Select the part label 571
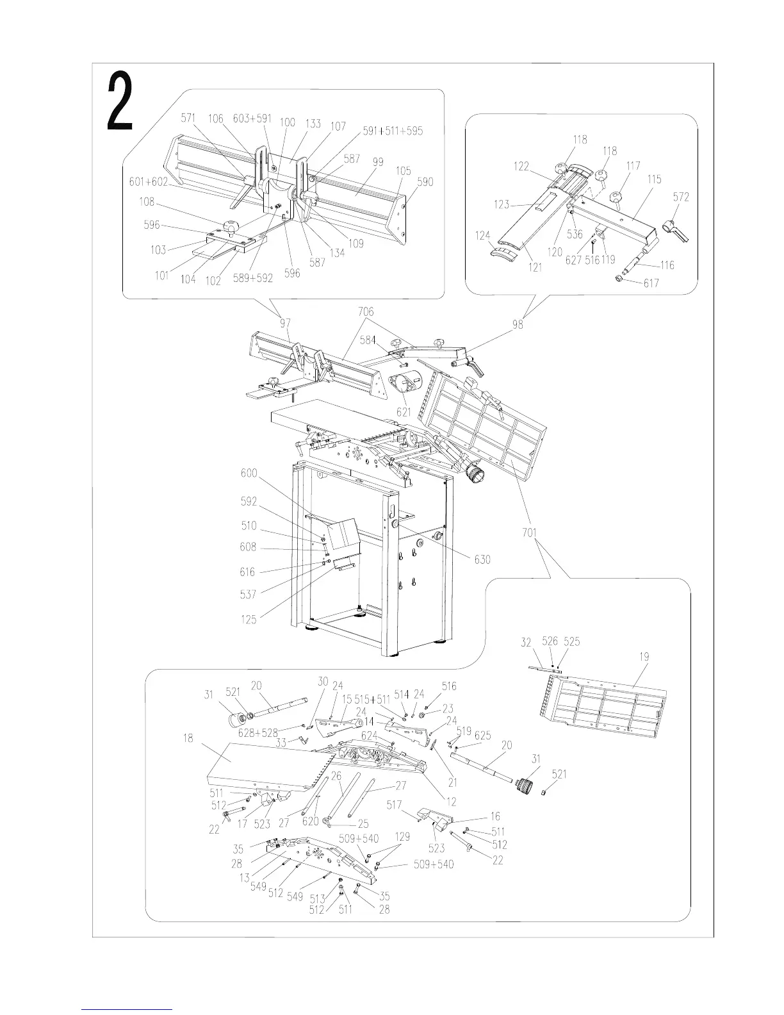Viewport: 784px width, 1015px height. [188, 118]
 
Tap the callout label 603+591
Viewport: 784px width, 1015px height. [252, 119]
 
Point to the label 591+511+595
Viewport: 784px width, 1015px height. [393, 131]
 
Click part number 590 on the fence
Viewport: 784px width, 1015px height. [425, 181]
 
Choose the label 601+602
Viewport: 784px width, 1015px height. [148, 181]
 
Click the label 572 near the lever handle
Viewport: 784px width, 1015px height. [681, 197]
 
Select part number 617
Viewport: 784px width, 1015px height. [651, 283]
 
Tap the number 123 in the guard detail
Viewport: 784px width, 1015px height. [502, 204]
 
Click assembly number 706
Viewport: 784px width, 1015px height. [366, 312]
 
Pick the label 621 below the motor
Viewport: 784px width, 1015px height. [404, 412]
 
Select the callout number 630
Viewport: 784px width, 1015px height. [482, 559]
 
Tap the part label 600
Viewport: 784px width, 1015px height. [249, 473]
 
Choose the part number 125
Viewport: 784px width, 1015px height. [249, 619]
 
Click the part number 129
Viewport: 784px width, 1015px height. [402, 836]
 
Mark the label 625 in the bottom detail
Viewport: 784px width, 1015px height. [482, 735]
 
